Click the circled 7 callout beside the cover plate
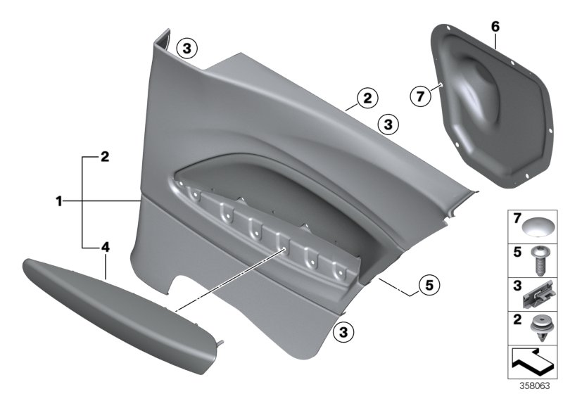point(420,96)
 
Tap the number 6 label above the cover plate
point(495,27)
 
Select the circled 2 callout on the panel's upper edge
point(365,99)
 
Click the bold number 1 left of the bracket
point(61,201)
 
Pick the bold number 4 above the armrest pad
point(105,248)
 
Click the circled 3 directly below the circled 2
point(387,125)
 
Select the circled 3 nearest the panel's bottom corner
point(343,330)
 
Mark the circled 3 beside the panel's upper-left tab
point(186,48)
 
